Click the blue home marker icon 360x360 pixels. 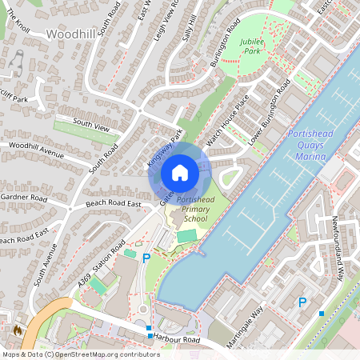click(x=180, y=172)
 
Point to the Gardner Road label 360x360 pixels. click(x=25, y=197)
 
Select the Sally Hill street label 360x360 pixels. click(x=191, y=30)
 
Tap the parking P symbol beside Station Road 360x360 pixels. click(x=146, y=258)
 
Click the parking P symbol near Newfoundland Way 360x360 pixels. click(x=302, y=302)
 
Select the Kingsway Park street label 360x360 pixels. click(x=165, y=148)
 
